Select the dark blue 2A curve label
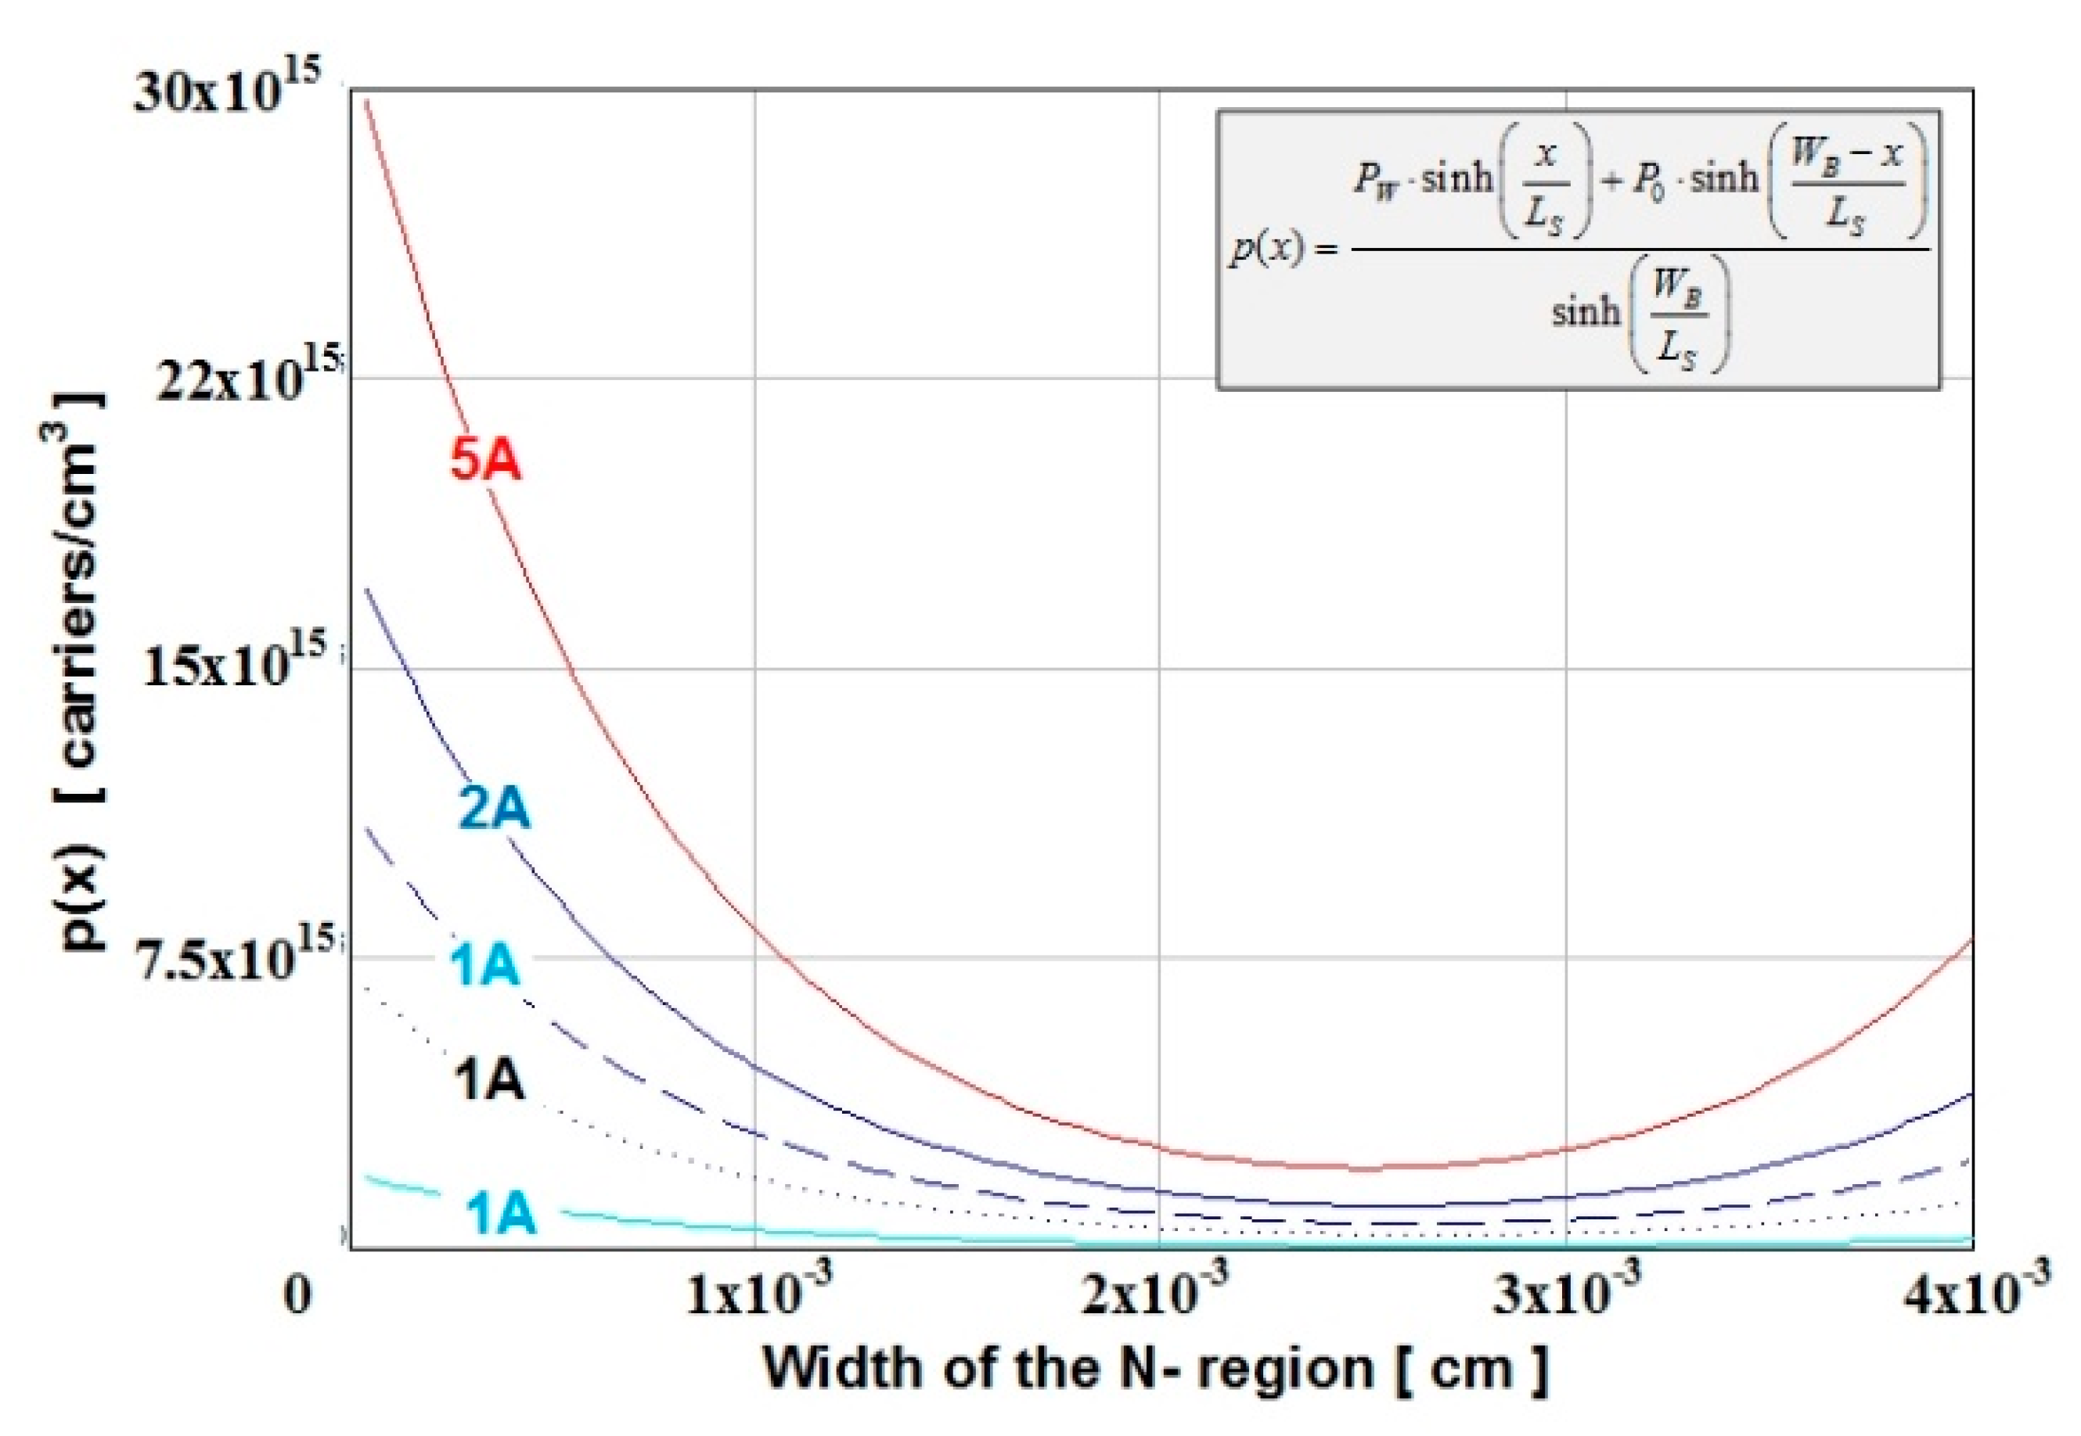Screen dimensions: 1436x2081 click(494, 807)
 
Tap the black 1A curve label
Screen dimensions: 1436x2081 click(488, 1079)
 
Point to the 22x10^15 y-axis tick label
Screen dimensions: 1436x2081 click(247, 378)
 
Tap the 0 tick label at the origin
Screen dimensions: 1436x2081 click(298, 1297)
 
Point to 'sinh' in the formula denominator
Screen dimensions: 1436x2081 click(1585, 312)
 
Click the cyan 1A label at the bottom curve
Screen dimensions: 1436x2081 click(500, 1214)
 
